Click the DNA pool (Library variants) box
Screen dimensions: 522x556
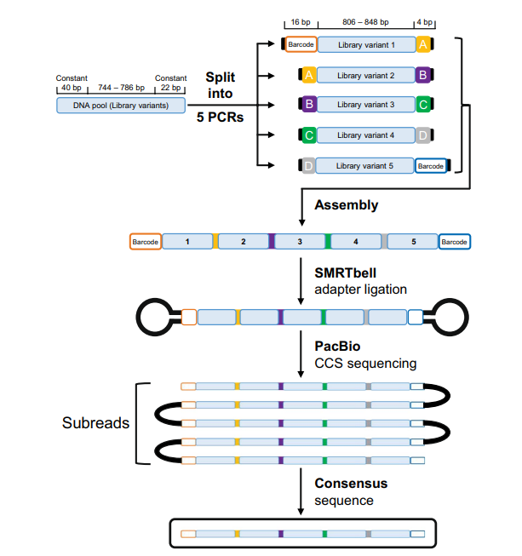point(121,106)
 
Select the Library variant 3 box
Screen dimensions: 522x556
point(365,105)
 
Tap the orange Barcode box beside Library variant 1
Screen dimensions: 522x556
point(301,44)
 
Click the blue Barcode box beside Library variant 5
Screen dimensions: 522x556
point(431,166)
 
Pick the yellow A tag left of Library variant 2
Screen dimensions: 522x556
point(309,75)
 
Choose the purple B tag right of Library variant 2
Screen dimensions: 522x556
point(422,75)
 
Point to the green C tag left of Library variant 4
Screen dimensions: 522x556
point(309,135)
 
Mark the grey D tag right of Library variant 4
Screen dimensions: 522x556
point(422,135)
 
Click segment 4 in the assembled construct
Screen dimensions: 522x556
point(356,242)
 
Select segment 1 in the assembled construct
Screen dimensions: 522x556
point(187,242)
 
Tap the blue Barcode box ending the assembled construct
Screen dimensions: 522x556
point(454,242)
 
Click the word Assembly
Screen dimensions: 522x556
point(346,205)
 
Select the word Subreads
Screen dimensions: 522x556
point(95,422)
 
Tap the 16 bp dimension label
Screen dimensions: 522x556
point(301,22)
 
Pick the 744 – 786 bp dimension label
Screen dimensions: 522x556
point(121,88)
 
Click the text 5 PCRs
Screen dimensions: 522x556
point(221,117)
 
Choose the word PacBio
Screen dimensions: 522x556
point(337,346)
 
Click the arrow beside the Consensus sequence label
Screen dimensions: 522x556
point(301,491)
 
